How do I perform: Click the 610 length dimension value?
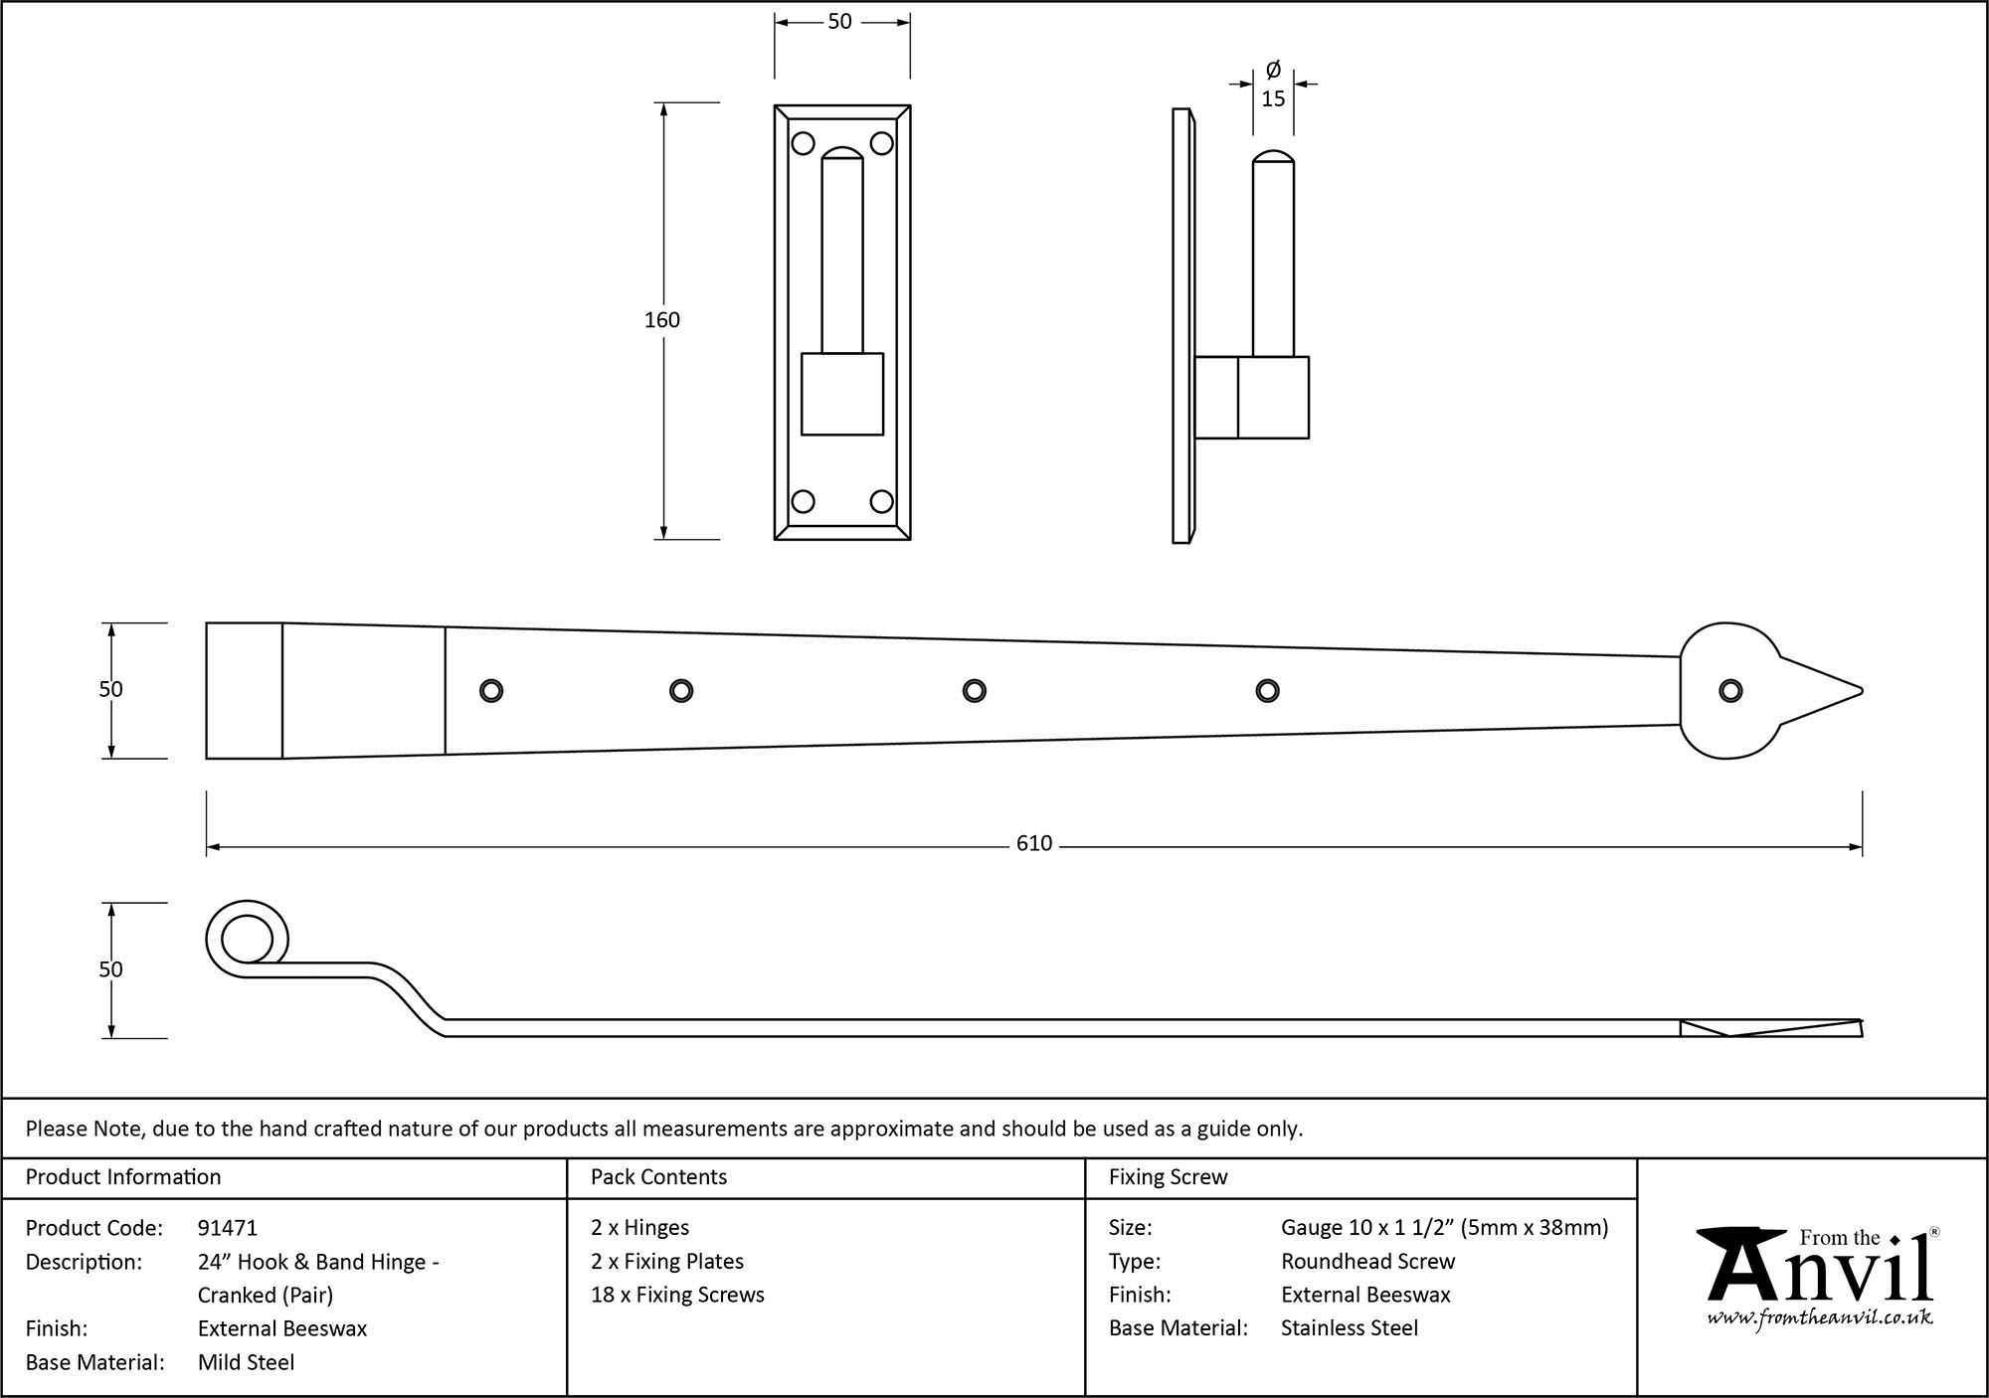[1033, 844]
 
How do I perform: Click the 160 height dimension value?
[662, 320]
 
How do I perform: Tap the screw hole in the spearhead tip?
[1729, 691]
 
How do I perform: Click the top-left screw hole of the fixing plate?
[804, 144]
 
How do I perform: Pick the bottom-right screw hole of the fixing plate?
[881, 501]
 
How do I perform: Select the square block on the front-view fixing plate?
[842, 394]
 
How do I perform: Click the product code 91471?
[227, 1228]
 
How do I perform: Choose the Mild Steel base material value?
[246, 1362]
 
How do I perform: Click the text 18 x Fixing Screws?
[677, 1295]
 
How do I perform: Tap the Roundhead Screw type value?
[1367, 1261]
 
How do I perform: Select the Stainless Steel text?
[1349, 1327]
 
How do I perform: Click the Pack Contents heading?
[658, 1177]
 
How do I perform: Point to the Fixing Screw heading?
[1168, 1177]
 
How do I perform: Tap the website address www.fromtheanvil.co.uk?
[1820, 1318]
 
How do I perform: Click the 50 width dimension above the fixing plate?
[839, 22]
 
